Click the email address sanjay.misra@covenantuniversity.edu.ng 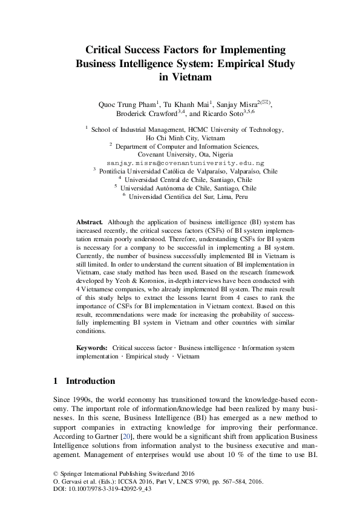click(185, 163)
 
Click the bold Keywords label click(92, 349)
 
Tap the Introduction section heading click(90, 381)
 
